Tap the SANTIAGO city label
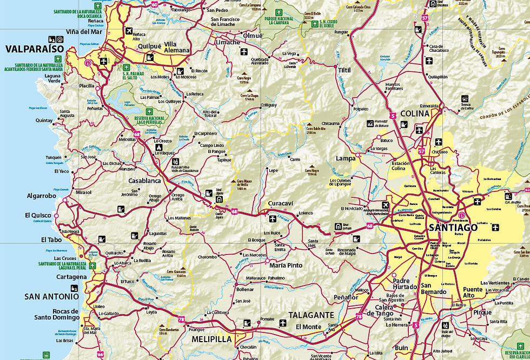pyautogui.click(x=453, y=228)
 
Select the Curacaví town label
pyautogui.click(x=281, y=203)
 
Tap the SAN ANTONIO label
pyautogui.click(x=51, y=296)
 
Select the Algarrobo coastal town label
pyautogui.click(x=41, y=196)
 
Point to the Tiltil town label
pyautogui.click(x=344, y=70)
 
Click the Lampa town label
pyautogui.click(x=346, y=158)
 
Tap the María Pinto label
pyautogui.click(x=286, y=265)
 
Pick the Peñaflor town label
pyautogui.click(x=346, y=297)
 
